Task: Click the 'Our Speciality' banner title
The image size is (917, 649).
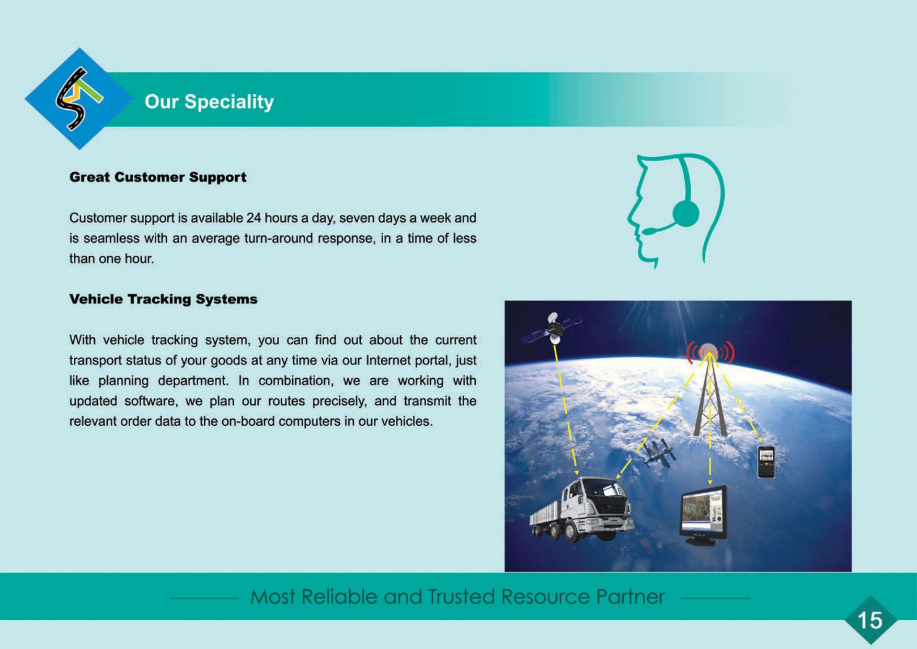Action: coord(209,101)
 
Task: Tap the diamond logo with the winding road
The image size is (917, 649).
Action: coord(79,99)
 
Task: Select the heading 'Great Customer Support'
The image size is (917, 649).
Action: coord(158,177)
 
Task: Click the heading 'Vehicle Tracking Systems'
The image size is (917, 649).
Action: coord(164,299)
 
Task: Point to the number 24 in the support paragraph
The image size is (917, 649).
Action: coord(254,218)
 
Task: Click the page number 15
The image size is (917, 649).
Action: coord(870,621)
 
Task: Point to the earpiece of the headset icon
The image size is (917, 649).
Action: coord(686,213)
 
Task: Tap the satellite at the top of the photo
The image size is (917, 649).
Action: coord(553,328)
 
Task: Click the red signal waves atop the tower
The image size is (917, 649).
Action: coord(710,352)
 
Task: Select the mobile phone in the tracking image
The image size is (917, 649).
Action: coord(766,462)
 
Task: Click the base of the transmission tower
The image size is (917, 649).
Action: coord(710,432)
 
